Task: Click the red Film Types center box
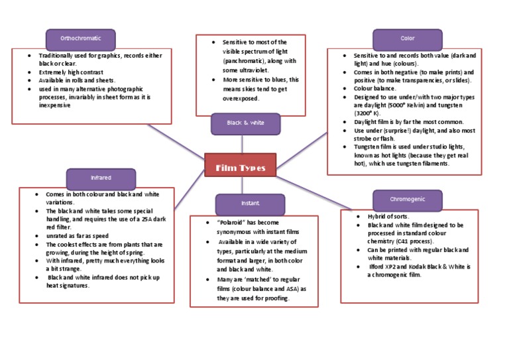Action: pos(240,165)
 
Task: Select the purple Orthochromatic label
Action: pos(80,40)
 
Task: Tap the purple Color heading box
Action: pos(408,40)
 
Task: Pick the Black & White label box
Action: pos(245,124)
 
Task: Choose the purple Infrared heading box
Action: pos(101,179)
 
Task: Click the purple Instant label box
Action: pos(250,204)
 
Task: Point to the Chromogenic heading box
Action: pos(408,200)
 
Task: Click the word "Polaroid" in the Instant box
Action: pos(231,223)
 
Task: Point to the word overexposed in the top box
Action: pos(241,99)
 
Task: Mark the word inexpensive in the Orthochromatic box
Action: pos(54,105)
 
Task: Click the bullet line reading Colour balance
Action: pos(374,88)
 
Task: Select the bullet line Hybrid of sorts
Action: pos(388,217)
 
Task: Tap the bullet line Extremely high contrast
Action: pos(71,72)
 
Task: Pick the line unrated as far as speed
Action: pos(78,236)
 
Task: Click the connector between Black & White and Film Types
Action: pos(242,144)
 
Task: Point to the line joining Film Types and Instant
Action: pos(242,186)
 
